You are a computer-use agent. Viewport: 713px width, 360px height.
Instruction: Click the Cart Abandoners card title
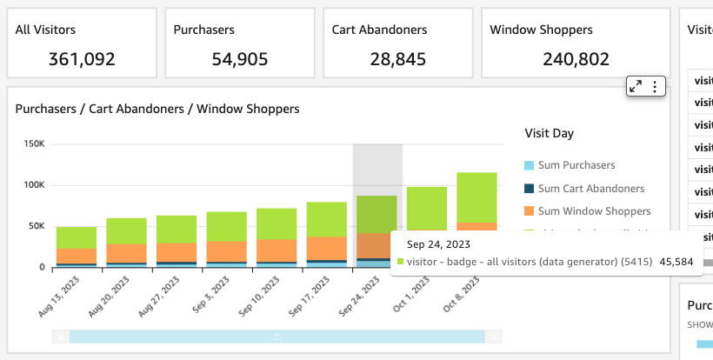pyautogui.click(x=379, y=30)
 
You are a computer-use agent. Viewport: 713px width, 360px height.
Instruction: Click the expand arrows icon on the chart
pyautogui.click(x=636, y=86)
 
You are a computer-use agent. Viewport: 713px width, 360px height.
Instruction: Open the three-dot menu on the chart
pyautogui.click(x=656, y=86)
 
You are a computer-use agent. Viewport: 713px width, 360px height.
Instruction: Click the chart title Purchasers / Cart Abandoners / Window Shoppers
pyautogui.click(x=157, y=109)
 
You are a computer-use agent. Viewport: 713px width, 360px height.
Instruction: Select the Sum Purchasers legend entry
pyautogui.click(x=576, y=165)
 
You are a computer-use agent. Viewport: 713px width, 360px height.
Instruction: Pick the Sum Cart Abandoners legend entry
pyautogui.click(x=590, y=188)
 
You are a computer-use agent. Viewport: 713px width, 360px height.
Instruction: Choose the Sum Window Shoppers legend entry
pyautogui.click(x=593, y=211)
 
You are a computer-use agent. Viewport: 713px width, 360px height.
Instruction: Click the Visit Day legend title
pyautogui.click(x=550, y=134)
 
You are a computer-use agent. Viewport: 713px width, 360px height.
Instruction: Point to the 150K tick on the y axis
pyautogui.click(x=34, y=143)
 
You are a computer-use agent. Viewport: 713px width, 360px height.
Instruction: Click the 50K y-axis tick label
pyautogui.click(x=37, y=226)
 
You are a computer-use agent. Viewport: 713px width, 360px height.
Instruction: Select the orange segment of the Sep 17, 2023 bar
pyautogui.click(x=327, y=248)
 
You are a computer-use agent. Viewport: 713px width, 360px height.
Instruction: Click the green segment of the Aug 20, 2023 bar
pyautogui.click(x=127, y=231)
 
